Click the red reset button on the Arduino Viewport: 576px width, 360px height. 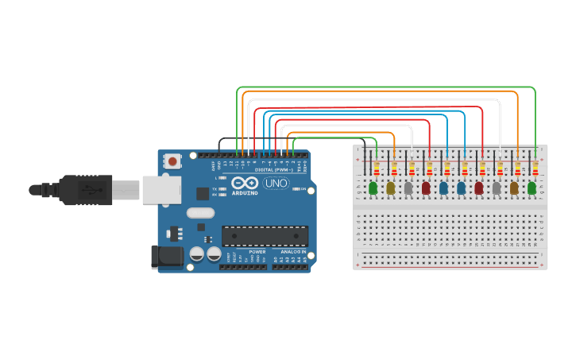[x=172, y=161]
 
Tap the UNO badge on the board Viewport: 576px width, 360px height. [x=276, y=184]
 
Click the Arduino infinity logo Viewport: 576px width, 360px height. [x=242, y=183]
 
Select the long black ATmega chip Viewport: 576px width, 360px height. [x=265, y=236]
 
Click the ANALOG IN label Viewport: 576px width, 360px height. [x=293, y=251]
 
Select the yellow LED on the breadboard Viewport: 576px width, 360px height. [x=390, y=188]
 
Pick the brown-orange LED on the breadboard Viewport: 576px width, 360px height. [x=514, y=188]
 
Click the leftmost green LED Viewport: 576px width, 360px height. [x=373, y=188]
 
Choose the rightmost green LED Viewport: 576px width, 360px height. [x=532, y=188]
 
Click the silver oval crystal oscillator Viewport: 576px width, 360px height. [x=201, y=213]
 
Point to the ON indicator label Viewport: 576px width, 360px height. [x=302, y=189]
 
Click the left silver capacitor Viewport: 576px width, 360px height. [x=196, y=254]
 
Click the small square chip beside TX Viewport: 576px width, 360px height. [x=203, y=193]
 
